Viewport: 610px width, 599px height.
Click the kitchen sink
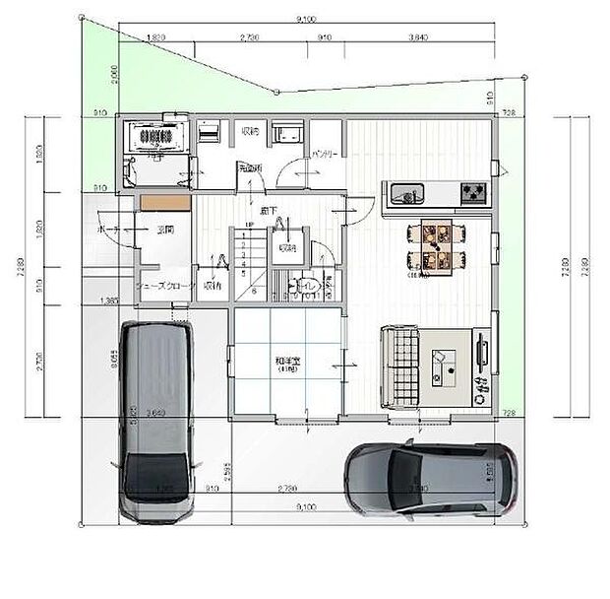406,192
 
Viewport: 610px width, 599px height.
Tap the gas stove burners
473,193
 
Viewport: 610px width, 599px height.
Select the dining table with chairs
434,246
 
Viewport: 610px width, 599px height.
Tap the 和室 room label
287,363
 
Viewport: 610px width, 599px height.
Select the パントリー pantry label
325,156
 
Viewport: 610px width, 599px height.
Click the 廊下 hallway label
268,211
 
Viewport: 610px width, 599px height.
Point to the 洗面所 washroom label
250,168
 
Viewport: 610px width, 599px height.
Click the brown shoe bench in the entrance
163,201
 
